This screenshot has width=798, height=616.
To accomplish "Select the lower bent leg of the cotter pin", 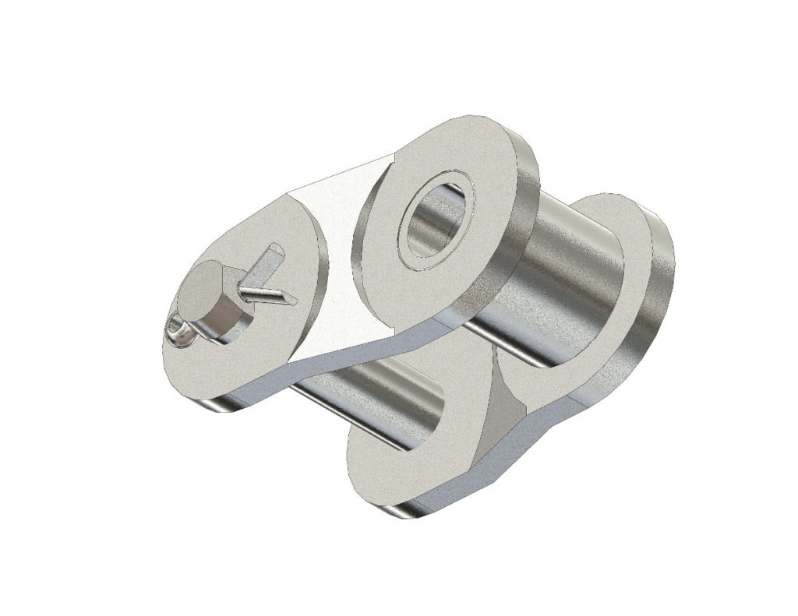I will pyautogui.click(x=265, y=295).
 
